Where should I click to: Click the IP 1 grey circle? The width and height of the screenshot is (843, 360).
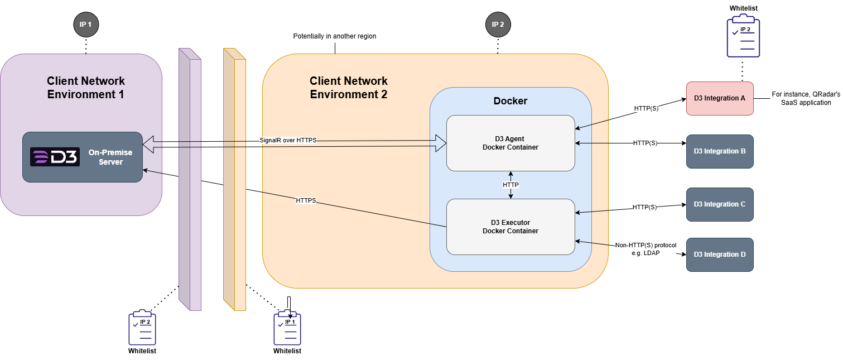coord(86,25)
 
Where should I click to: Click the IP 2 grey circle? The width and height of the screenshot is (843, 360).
coord(498,25)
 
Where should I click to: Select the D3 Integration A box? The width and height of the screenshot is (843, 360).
coord(720,98)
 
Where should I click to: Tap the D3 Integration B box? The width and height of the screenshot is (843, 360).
coord(720,151)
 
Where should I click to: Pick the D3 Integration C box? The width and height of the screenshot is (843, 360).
coord(720,204)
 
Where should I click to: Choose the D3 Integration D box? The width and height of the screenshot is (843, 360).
coord(720,255)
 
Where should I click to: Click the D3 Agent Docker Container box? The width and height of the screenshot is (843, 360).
coord(510,143)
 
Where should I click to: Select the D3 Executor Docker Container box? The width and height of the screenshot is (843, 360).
coord(510,227)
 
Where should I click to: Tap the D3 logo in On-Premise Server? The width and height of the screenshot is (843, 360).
coord(55,157)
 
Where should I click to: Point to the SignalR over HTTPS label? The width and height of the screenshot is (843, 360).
coord(288,140)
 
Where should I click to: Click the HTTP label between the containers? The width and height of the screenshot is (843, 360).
coord(510,185)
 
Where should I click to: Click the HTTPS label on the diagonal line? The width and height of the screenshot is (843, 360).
coord(306,200)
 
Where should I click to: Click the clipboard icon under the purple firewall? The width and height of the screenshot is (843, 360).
coord(142,328)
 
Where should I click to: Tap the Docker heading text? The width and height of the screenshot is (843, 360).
coord(510,101)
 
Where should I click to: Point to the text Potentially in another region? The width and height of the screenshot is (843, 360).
coord(335,36)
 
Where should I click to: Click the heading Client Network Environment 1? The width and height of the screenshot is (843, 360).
coord(86,88)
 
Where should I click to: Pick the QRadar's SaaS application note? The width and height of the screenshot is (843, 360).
coord(806,99)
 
